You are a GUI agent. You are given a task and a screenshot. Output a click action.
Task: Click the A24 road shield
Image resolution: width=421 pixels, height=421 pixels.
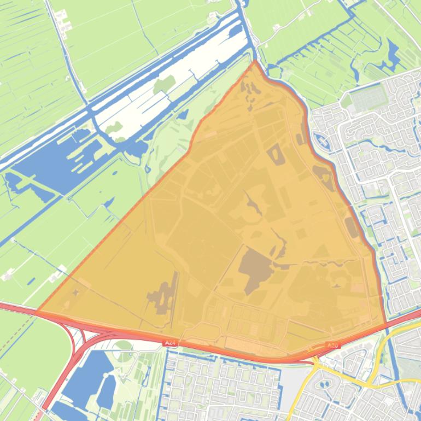(x=170, y=343)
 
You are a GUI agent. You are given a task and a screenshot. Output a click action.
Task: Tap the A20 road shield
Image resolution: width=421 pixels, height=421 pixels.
(x=332, y=345)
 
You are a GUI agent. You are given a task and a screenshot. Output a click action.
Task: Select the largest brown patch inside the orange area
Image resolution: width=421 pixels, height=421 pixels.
(x=253, y=268)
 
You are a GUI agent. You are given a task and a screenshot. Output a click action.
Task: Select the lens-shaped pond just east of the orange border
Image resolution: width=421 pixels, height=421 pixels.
(x=322, y=141)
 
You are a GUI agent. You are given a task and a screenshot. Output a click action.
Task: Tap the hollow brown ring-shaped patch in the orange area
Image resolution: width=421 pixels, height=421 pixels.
(x=276, y=154)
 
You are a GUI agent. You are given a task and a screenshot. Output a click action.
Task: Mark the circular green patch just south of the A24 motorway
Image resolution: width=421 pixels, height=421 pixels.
(x=124, y=345)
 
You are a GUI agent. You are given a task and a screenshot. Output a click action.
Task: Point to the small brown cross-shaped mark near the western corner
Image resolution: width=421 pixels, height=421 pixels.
(x=75, y=293)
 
